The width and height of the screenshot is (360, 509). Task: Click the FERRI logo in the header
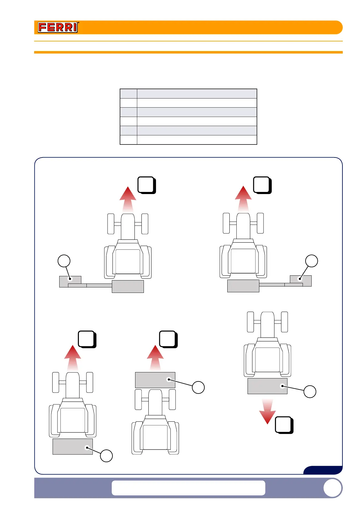tap(58, 28)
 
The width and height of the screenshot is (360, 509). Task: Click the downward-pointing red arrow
tap(268, 412)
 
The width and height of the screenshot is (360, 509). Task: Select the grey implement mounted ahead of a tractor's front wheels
tap(155, 380)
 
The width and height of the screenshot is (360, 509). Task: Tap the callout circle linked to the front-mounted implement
tap(198, 387)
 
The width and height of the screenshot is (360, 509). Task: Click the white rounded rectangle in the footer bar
tap(188, 488)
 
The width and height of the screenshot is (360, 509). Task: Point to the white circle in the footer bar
tap(332, 488)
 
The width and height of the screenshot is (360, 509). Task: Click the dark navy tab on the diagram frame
tap(323, 470)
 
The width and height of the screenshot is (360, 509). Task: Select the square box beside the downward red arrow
tap(284, 425)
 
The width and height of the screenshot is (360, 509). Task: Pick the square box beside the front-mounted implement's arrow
tap(168, 339)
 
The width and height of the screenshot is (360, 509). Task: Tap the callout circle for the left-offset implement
tap(64, 261)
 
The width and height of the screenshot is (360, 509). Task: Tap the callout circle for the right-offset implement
tap(312, 261)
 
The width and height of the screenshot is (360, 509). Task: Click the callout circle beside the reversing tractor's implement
tap(310, 391)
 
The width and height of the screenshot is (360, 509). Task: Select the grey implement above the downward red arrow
tap(267, 386)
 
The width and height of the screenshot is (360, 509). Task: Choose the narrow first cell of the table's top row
tap(128, 93)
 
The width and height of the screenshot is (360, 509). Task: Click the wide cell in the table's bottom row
tap(197, 140)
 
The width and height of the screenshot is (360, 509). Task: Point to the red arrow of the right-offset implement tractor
tap(243, 199)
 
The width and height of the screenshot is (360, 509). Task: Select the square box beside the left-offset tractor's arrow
tap(146, 185)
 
